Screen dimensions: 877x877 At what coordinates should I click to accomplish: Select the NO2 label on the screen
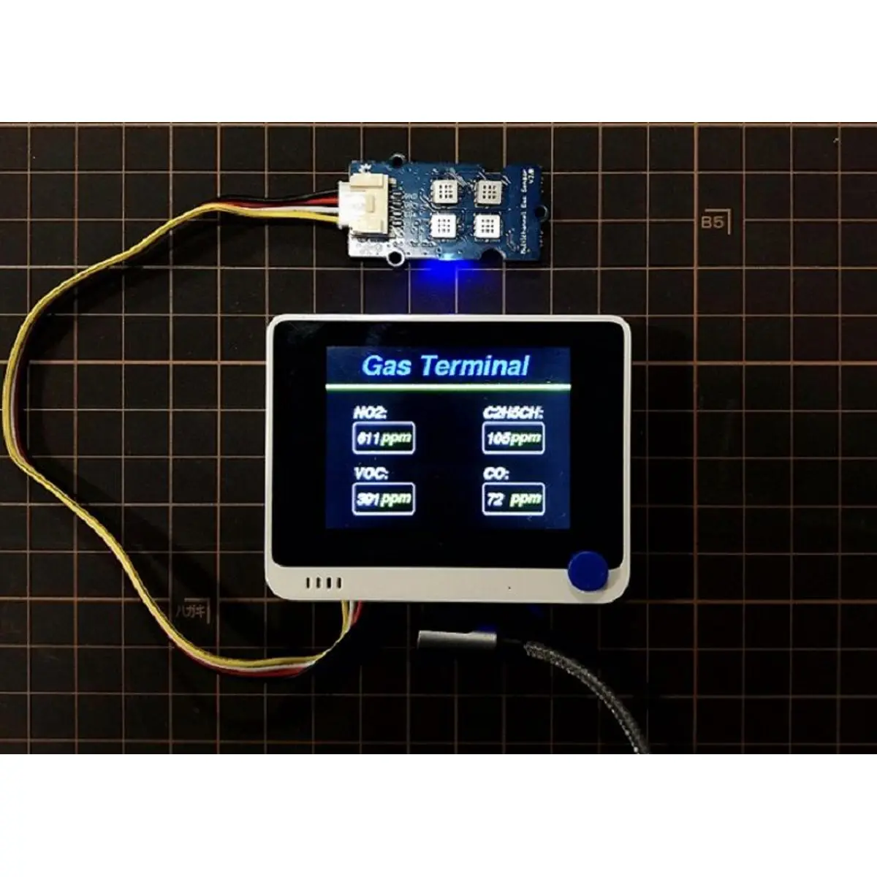[371, 414]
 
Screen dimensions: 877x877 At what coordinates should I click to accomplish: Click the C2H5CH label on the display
[512, 414]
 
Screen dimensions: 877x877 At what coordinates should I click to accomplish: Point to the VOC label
[371, 474]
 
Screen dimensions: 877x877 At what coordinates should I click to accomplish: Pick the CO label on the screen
[496, 474]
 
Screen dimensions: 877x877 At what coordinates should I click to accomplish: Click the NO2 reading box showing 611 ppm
[384, 438]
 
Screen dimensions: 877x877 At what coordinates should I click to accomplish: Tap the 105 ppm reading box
[514, 438]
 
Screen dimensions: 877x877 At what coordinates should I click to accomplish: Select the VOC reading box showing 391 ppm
[384, 499]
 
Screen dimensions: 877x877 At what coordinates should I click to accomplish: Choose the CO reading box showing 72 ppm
[514, 500]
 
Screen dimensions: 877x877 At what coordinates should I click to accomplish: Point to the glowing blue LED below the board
[443, 273]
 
